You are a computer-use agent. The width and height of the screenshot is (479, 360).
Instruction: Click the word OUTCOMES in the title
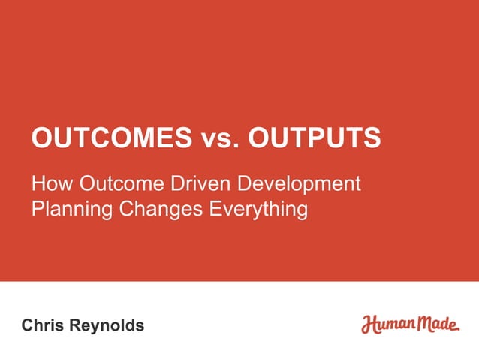[111, 138]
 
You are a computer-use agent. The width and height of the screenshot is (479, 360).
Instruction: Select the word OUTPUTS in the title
[314, 138]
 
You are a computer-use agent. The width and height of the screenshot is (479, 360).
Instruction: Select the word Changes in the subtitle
[157, 208]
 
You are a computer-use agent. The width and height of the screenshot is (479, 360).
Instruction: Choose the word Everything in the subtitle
[256, 208]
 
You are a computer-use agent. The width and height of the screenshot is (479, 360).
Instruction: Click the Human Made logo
[410, 325]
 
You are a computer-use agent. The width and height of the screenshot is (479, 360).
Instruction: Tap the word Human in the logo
[386, 325]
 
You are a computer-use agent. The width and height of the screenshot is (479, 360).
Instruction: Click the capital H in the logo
[369, 325]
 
